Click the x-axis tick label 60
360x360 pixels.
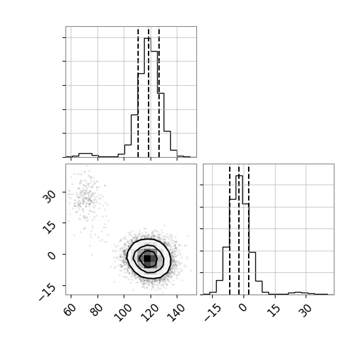(x=71, y=310)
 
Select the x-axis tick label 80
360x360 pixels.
(x=97, y=310)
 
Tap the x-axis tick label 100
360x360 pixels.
(x=123, y=312)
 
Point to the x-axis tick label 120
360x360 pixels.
(x=150, y=312)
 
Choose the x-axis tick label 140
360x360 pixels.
(x=176, y=312)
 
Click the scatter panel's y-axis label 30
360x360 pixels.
(x=49, y=196)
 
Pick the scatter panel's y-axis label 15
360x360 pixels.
(x=49, y=227)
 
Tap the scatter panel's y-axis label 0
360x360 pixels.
(x=52, y=255)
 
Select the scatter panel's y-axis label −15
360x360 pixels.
(x=48, y=292)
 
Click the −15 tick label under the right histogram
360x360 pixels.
(x=213, y=312)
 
